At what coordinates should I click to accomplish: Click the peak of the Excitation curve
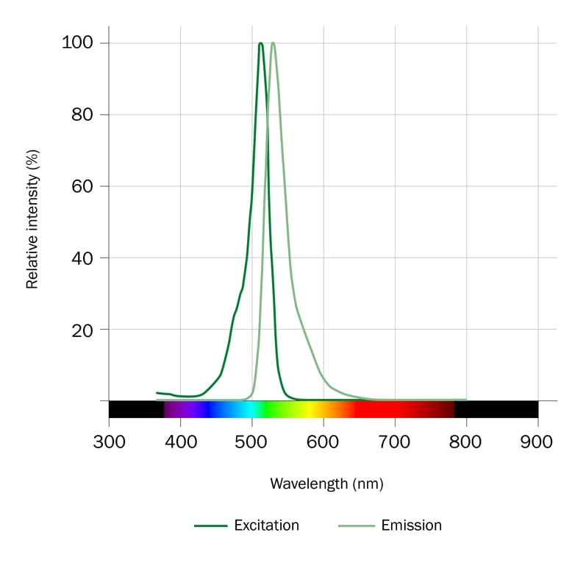tap(261, 43)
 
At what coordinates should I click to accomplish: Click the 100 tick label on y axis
tap(79, 43)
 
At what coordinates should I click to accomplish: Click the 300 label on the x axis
tap(109, 443)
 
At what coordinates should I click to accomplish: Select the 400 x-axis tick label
tap(180, 443)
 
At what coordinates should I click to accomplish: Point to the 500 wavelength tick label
tap(252, 443)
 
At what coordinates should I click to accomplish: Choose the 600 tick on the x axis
tap(324, 443)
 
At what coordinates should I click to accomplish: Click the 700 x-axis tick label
tap(395, 443)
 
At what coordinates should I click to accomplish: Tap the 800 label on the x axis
tap(466, 443)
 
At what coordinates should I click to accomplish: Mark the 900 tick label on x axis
tap(537, 443)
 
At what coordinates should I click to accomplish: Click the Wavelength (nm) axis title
tap(326, 484)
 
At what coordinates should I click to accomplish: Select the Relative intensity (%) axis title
tap(32, 219)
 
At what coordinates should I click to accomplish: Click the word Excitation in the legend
tap(266, 525)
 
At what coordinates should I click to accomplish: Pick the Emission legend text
tap(412, 525)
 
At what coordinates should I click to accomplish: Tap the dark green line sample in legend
tap(210, 525)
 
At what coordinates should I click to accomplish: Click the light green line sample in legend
tap(356, 525)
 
